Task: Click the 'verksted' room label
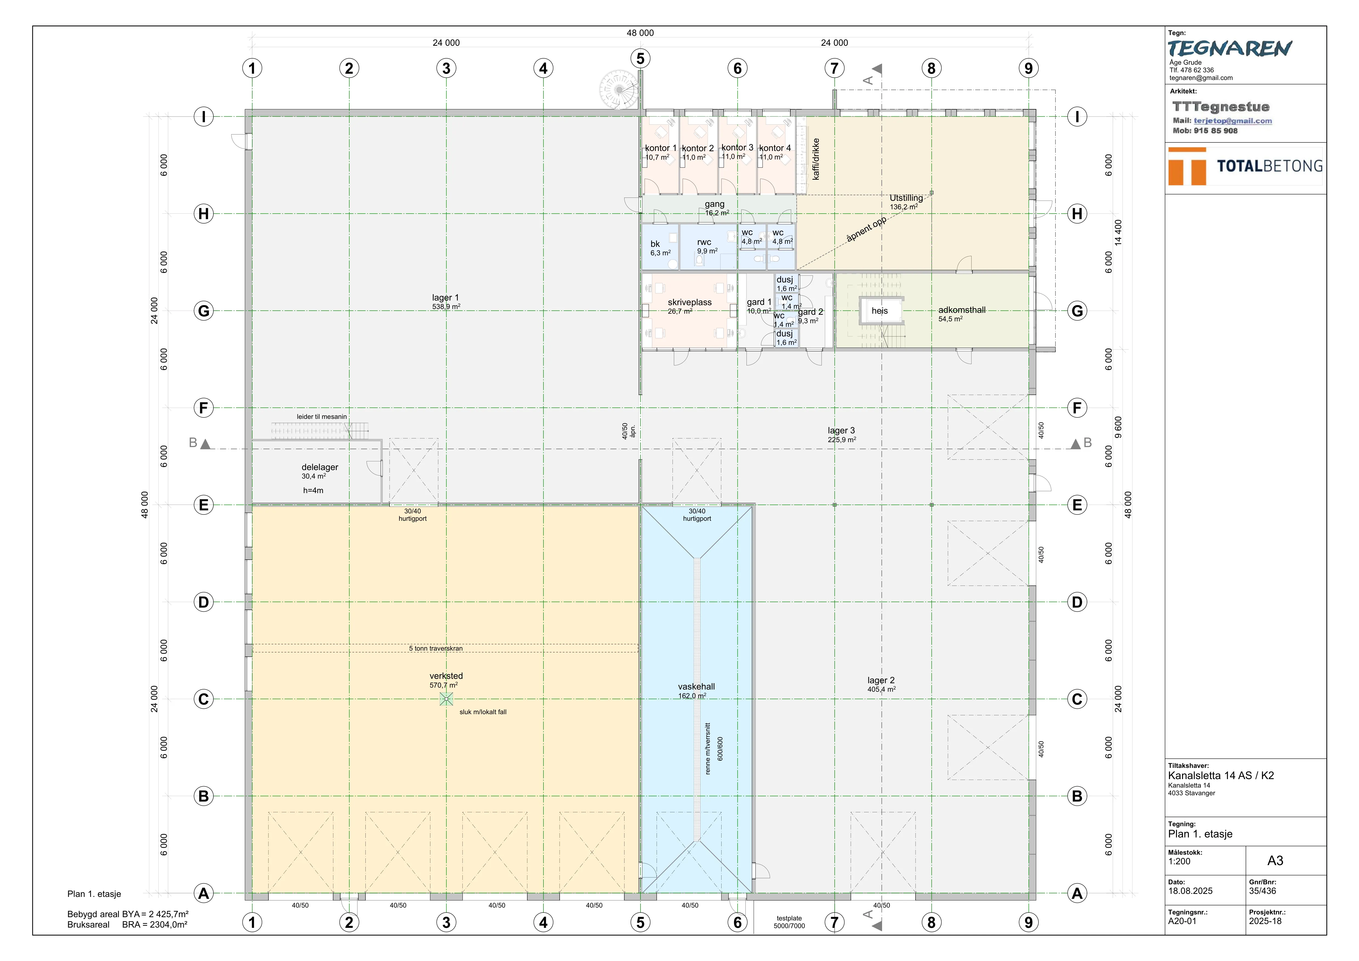(x=446, y=676)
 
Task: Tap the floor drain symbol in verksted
(x=446, y=699)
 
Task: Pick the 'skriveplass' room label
(x=689, y=302)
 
